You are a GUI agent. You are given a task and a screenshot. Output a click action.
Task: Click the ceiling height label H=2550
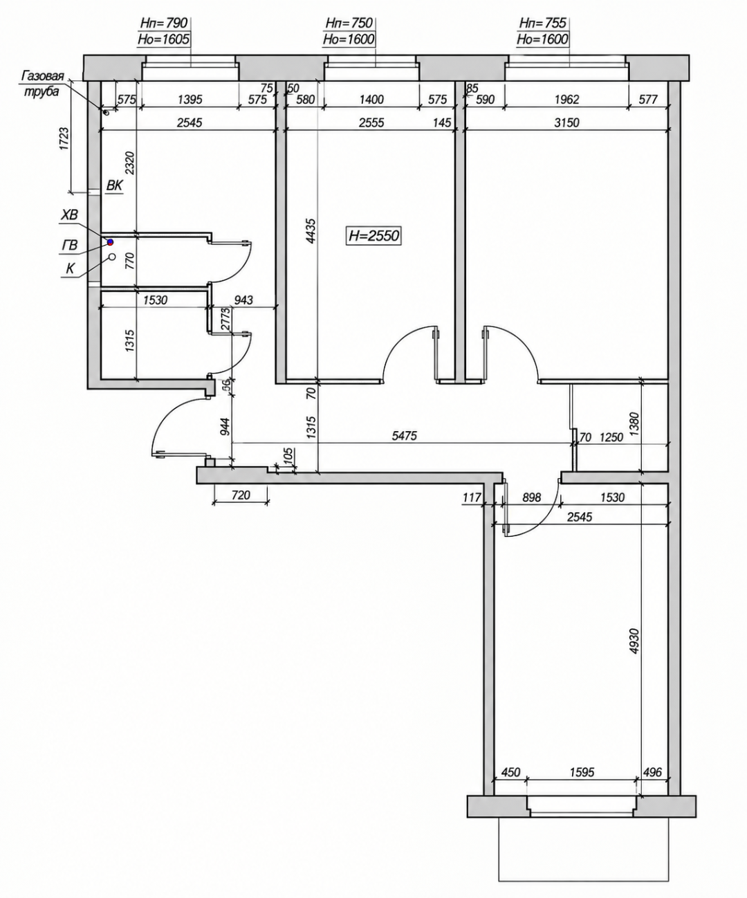coord(373,236)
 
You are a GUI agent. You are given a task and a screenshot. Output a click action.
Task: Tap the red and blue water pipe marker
coord(110,242)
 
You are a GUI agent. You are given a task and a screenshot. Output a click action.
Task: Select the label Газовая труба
coord(42,84)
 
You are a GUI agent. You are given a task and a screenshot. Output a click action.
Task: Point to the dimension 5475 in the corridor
coord(404,436)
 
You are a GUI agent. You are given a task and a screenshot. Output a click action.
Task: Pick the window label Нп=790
coord(164,23)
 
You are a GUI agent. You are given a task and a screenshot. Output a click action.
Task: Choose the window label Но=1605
coord(163,39)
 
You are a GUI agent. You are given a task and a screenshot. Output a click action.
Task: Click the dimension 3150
coord(566,122)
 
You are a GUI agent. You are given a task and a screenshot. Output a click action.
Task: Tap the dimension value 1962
coord(566,100)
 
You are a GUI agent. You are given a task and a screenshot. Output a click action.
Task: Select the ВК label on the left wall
coord(114,185)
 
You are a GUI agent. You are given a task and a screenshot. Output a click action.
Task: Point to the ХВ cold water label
coord(68,215)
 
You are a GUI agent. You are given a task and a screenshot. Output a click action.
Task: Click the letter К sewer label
coord(70,269)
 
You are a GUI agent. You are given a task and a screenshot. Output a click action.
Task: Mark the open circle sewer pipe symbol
coord(112,257)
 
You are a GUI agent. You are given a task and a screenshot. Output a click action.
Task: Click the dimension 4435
coord(311,231)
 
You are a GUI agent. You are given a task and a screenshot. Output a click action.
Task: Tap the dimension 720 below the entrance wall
coord(241,495)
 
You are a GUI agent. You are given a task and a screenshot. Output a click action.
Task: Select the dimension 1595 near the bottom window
coord(582,772)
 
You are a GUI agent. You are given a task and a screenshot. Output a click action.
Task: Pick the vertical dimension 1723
coord(64,138)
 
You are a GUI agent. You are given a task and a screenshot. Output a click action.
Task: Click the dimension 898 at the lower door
coord(531,497)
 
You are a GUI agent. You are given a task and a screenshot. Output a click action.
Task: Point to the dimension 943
coord(244,300)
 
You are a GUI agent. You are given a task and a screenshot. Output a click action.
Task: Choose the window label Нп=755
coord(543,23)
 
